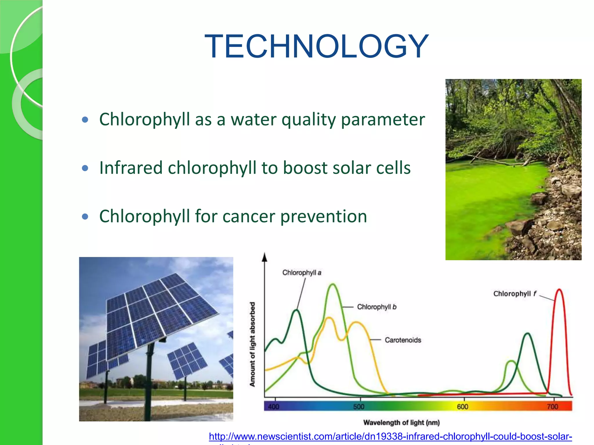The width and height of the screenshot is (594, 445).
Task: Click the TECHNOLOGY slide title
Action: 316,46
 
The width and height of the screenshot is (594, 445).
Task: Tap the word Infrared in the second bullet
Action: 131,168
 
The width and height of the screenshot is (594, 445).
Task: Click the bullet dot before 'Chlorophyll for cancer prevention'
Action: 85,216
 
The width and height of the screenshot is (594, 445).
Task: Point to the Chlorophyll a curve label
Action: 302,273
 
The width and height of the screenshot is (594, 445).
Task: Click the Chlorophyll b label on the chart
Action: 376,307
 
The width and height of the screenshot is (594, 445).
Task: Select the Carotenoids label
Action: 403,340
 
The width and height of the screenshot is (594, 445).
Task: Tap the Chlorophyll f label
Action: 515,294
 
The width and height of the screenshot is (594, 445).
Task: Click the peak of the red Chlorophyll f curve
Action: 559,289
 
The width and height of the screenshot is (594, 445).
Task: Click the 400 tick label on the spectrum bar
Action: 274,407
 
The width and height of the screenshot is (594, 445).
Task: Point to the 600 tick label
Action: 462,407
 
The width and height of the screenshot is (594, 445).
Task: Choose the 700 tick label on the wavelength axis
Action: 552,407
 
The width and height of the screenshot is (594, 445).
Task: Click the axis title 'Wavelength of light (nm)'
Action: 401,423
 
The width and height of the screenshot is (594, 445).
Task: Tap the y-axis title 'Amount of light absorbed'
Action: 252,344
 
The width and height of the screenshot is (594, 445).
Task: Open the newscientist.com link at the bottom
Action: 390,436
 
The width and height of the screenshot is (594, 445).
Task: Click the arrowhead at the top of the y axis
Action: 265,257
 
